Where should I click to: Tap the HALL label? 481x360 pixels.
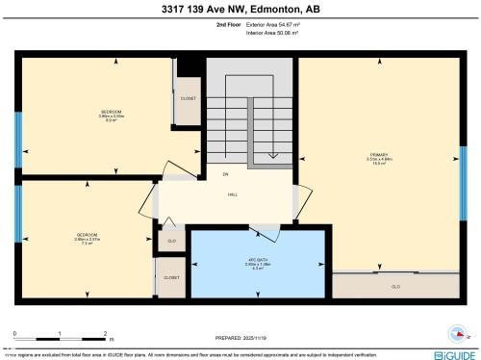click(x=232, y=194)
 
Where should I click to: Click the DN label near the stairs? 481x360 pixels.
click(x=225, y=174)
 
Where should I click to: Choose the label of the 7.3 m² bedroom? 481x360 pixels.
click(x=84, y=239)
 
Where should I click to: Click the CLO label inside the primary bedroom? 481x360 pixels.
click(x=394, y=287)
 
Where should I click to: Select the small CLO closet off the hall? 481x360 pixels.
click(x=171, y=241)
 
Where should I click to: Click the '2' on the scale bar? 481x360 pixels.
click(x=104, y=332)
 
